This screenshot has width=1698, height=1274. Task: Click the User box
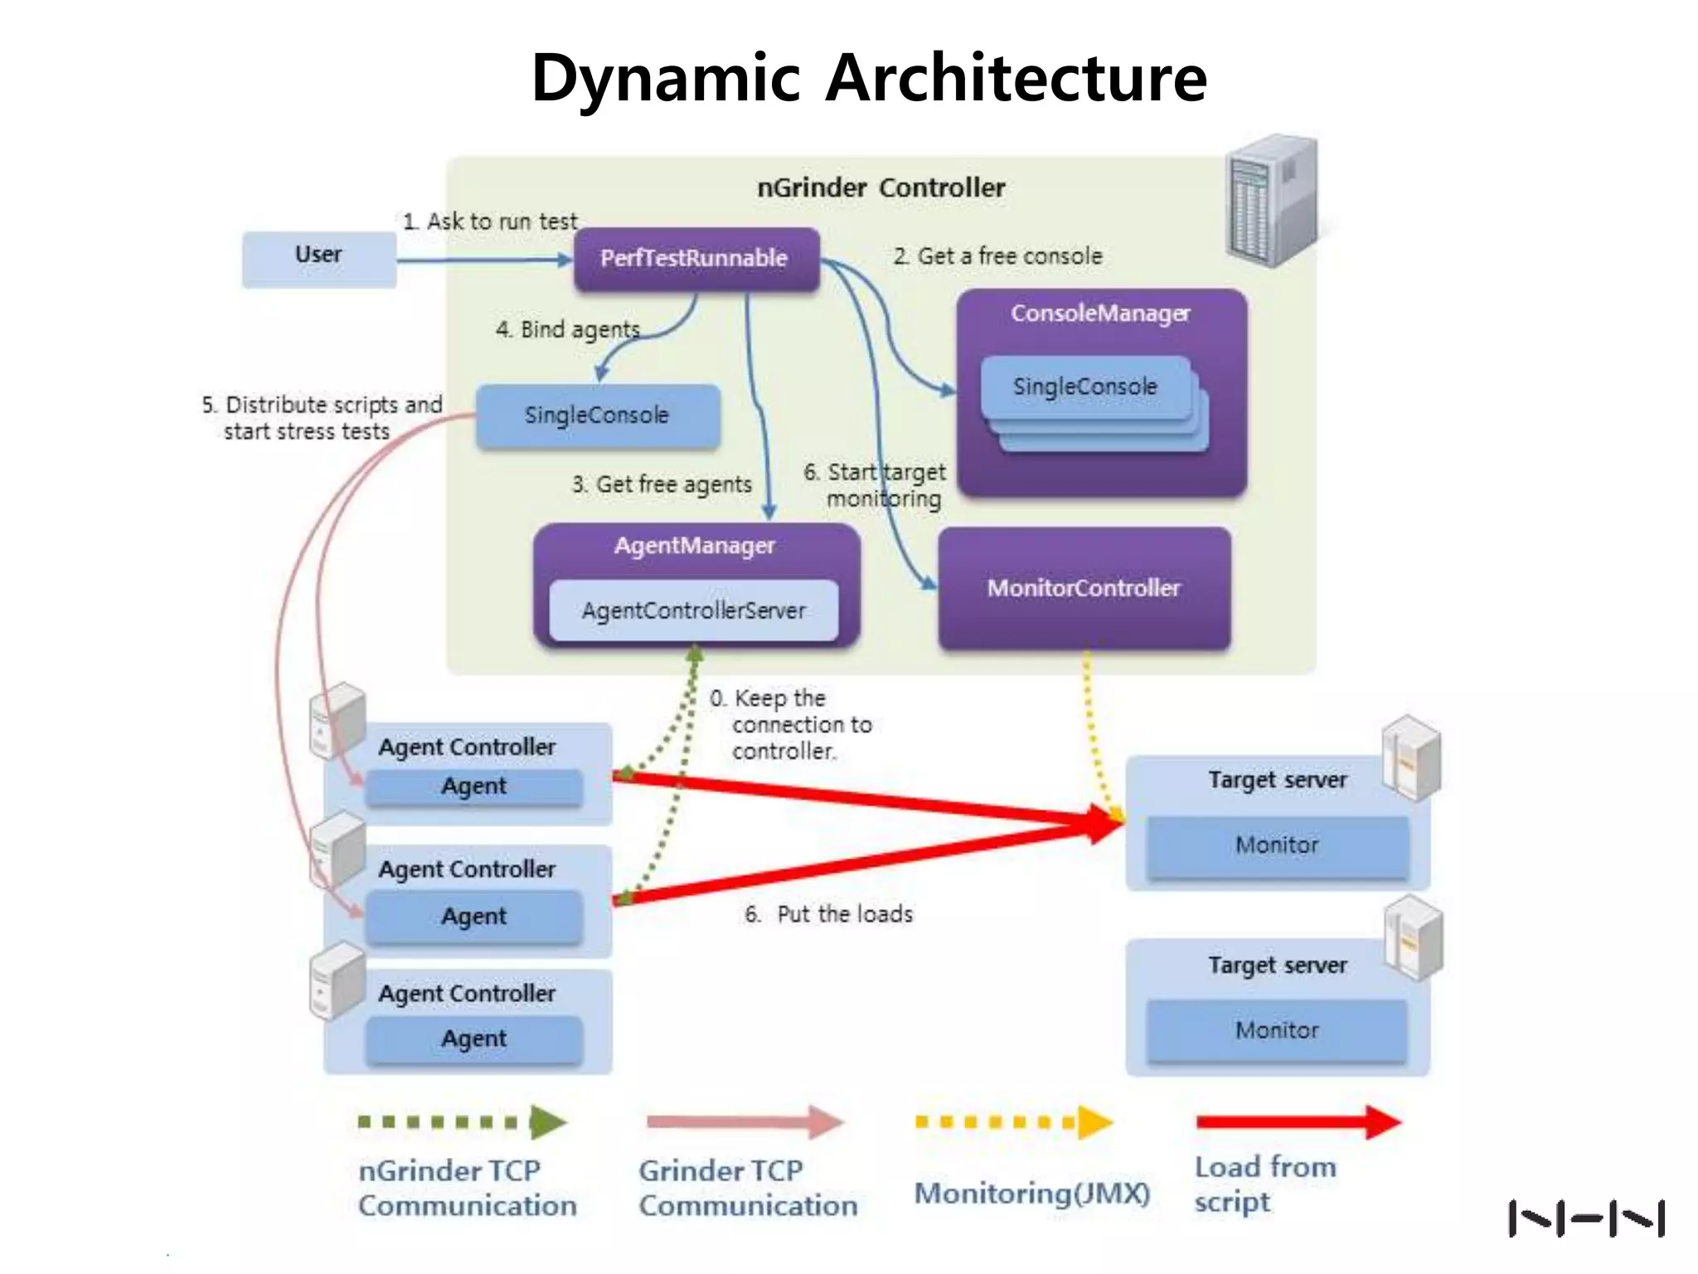pos(318,259)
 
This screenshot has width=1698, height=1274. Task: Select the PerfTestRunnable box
pos(696,259)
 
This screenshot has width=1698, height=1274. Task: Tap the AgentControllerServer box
pos(693,611)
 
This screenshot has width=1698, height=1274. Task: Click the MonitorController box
pos(1084,588)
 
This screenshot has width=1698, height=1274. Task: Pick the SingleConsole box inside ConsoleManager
pos(1084,387)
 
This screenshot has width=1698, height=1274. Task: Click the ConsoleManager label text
pos(1100,314)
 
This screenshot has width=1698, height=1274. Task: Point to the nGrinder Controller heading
pos(881,188)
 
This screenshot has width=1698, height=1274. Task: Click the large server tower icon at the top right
pos(1272,202)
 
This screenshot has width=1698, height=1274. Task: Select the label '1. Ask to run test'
pos(490,221)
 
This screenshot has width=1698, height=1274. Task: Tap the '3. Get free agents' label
pos(662,484)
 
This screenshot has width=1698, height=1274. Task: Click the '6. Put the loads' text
pos(829,914)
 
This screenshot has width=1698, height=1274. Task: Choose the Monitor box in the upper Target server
pos(1277,845)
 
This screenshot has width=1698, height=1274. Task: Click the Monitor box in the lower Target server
pos(1277,1030)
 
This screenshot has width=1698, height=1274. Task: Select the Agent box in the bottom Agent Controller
pos(473,1038)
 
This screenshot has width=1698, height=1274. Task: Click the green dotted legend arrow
pos(463,1122)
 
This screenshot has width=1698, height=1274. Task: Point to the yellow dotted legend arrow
pos(1013,1122)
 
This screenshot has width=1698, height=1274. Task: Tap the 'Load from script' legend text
pos(1264,1184)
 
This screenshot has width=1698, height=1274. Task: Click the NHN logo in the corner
pos(1586,1218)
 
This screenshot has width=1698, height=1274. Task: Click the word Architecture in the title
pos(1016,78)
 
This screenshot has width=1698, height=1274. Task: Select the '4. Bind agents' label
pos(568,330)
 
